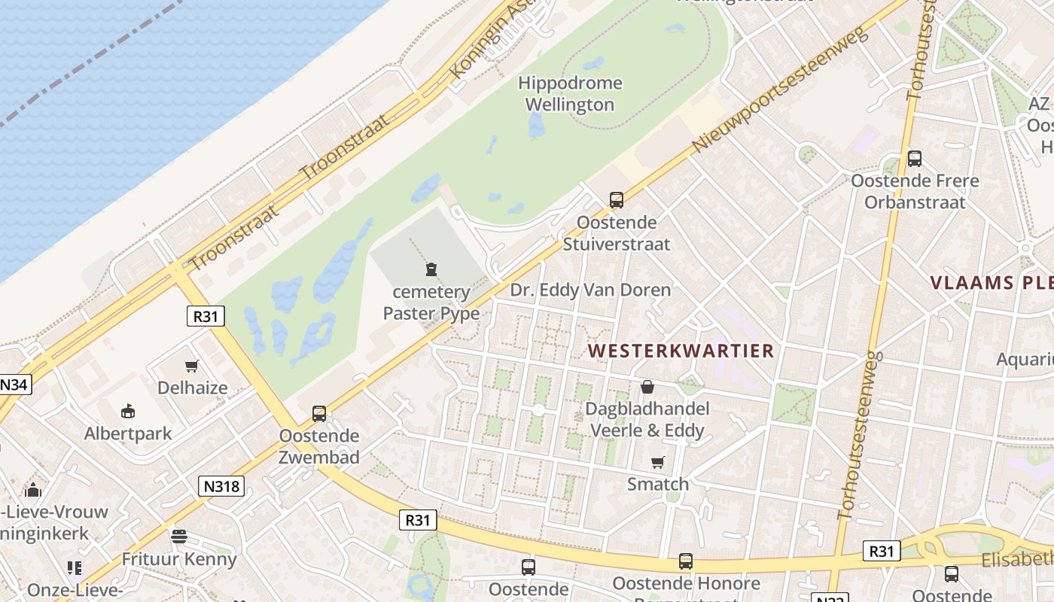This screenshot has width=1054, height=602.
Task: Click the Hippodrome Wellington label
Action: [x=570, y=94]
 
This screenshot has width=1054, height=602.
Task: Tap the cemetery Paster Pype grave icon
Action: [x=431, y=269]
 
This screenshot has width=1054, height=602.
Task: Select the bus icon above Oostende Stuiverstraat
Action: [x=617, y=200]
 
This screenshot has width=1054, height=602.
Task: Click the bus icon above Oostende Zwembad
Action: [x=319, y=413]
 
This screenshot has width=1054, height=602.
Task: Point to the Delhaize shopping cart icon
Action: [x=192, y=366]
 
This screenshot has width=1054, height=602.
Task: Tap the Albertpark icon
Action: [x=128, y=412]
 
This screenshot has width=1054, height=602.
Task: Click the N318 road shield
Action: [x=222, y=486]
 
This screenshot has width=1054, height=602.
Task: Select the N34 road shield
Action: [x=13, y=385]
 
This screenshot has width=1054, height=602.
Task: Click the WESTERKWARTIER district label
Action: [x=681, y=351]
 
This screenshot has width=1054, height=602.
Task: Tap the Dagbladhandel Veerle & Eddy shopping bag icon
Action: [x=647, y=388]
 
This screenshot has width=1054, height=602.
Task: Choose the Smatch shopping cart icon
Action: [x=658, y=462]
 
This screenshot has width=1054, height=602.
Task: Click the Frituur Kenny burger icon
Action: [x=179, y=537]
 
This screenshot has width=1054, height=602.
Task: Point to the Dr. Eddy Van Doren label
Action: [x=590, y=290]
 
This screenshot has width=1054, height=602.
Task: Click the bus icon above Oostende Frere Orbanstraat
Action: [x=915, y=159]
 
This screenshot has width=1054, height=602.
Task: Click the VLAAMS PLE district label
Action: [x=991, y=283]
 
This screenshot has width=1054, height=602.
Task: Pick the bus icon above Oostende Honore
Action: [x=685, y=561]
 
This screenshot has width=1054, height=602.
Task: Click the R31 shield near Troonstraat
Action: [x=206, y=316]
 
